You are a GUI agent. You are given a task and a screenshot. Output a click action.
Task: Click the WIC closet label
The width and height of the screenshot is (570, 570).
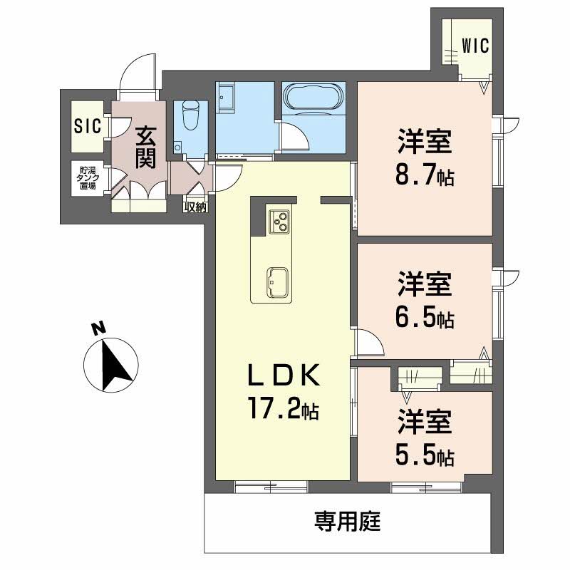coord(475,46)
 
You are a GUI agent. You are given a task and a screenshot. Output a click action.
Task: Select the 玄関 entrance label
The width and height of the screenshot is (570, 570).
coord(145,147)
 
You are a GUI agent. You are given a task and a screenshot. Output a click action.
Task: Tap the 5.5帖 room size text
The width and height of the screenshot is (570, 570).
coord(425,455)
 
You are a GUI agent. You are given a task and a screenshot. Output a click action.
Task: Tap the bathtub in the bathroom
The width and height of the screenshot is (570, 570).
coord(313,98)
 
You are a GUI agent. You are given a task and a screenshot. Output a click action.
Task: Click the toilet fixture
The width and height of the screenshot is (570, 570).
coord(190,115)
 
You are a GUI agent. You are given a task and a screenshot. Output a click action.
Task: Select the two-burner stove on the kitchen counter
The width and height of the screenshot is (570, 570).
coord(279,222)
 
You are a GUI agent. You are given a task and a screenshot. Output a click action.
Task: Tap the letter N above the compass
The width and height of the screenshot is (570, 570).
coord(98,328)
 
